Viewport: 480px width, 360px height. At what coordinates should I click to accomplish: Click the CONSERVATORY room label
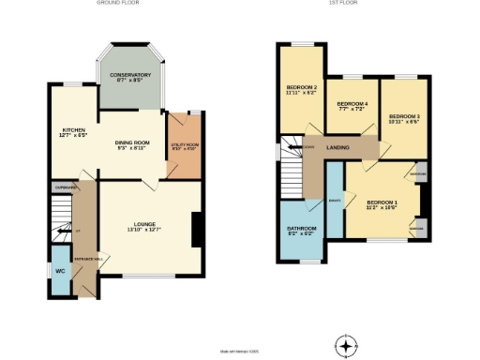(x=130, y=75)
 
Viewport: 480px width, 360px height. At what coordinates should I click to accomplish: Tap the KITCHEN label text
(x=74, y=130)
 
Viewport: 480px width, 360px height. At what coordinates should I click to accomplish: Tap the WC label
(x=60, y=270)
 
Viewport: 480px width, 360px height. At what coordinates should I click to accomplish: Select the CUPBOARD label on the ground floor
(x=65, y=186)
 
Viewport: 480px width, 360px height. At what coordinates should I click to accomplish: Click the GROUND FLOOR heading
(x=119, y=4)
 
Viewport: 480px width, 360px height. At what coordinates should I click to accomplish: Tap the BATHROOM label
(x=301, y=230)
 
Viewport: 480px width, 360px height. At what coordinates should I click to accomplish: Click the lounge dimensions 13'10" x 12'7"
(x=143, y=232)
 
